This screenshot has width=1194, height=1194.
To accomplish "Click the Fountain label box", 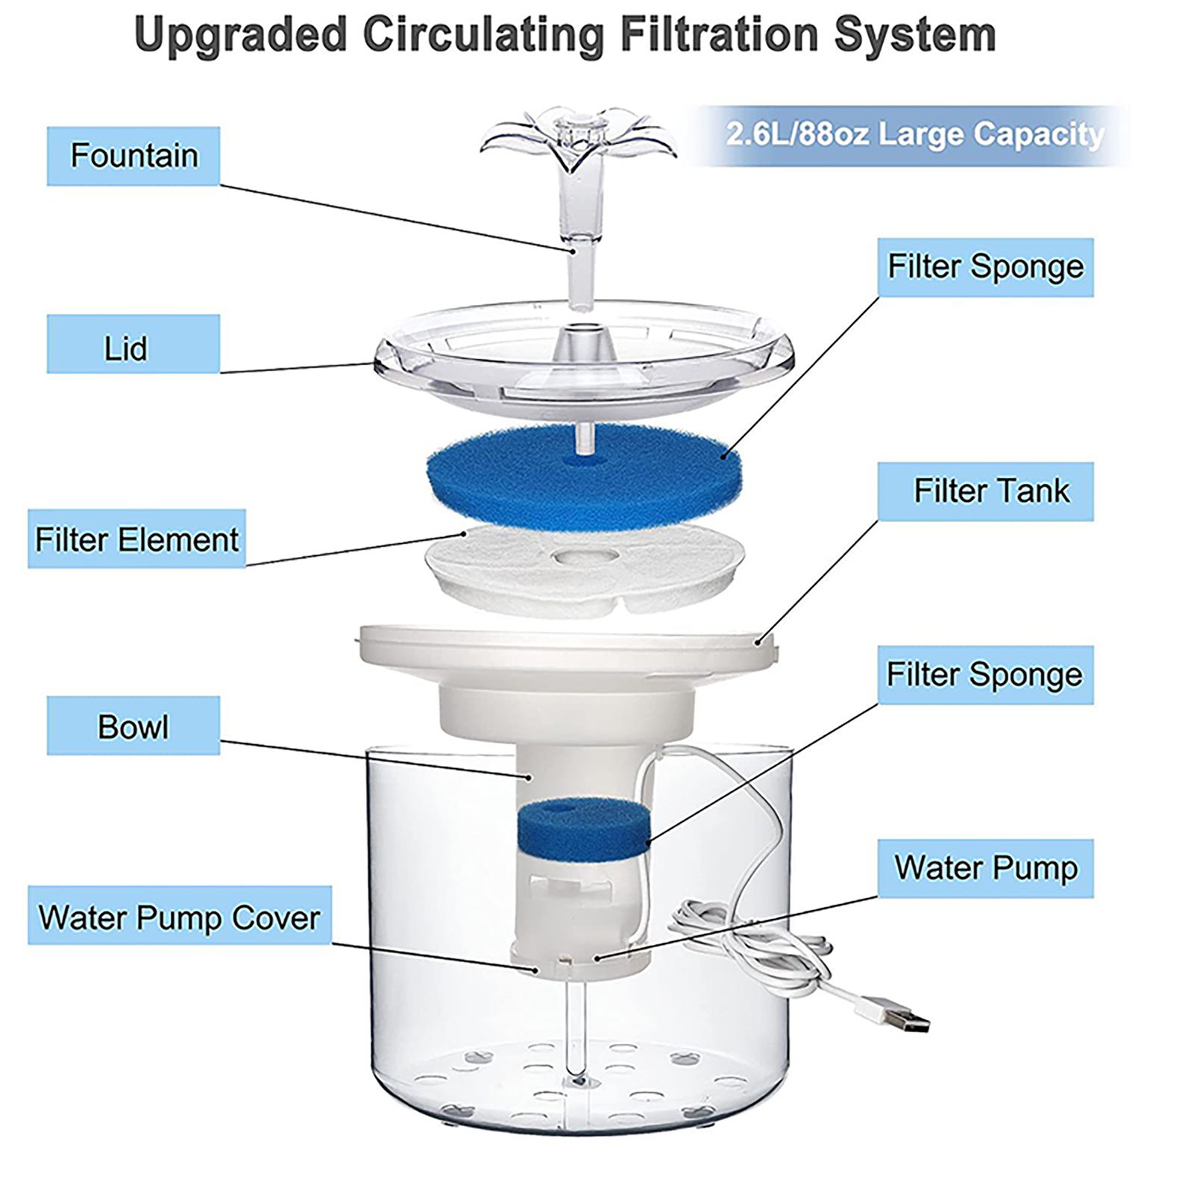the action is click(133, 156).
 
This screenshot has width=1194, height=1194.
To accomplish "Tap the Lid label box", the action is click(133, 344).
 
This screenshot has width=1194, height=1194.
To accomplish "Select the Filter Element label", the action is click(136, 539).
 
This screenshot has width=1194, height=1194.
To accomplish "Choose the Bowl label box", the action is click(133, 726).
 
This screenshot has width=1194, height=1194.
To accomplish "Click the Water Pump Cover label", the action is click(180, 916).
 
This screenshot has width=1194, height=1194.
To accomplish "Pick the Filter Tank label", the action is click(985, 491).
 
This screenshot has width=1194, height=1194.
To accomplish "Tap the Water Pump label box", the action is click(985, 868).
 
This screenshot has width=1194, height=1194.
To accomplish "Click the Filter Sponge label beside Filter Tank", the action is click(985, 268).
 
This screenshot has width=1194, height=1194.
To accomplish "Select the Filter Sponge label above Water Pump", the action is click(985, 675).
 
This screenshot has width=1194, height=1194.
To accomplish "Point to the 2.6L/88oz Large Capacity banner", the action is click(914, 135).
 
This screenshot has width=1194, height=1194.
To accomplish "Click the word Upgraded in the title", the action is click(241, 35).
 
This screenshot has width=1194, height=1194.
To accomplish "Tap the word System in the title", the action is click(915, 35).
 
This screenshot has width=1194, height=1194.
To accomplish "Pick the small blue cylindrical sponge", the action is click(582, 829).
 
